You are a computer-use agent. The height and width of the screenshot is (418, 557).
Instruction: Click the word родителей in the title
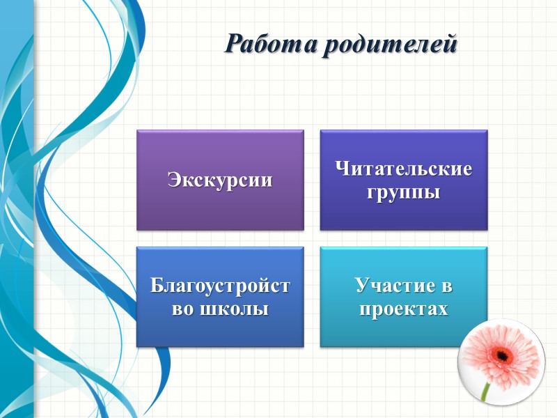(390, 44)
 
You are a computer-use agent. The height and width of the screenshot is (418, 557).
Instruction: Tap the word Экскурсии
(220, 180)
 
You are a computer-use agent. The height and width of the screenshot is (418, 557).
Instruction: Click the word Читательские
(404, 169)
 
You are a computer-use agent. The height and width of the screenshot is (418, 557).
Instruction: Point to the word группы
(404, 192)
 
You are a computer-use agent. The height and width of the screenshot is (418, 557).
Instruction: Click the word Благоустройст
(220, 286)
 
